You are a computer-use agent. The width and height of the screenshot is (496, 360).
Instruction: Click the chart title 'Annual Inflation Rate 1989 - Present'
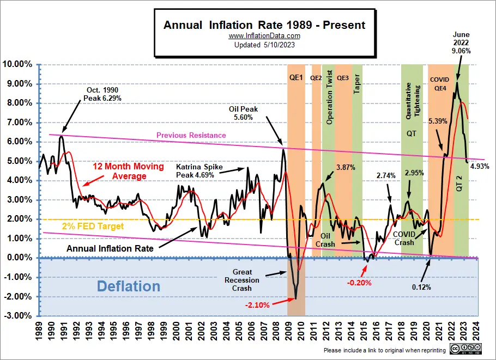pyautogui.click(x=264, y=25)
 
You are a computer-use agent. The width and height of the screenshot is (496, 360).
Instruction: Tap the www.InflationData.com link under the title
pyautogui.click(x=264, y=36)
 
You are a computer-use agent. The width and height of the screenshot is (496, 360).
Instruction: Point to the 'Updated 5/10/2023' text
pyautogui.click(x=264, y=45)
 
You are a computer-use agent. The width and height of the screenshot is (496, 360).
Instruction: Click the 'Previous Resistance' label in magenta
pyautogui.click(x=191, y=135)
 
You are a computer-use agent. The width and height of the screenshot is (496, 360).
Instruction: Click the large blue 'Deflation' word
pyautogui.click(x=129, y=286)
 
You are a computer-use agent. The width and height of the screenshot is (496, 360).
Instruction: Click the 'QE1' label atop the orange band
pyautogui.click(x=296, y=77)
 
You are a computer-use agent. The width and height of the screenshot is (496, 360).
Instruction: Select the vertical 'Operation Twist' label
pyautogui.click(x=329, y=97)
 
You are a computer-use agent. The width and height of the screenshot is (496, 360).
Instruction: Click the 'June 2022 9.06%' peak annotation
pyautogui.click(x=461, y=42)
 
